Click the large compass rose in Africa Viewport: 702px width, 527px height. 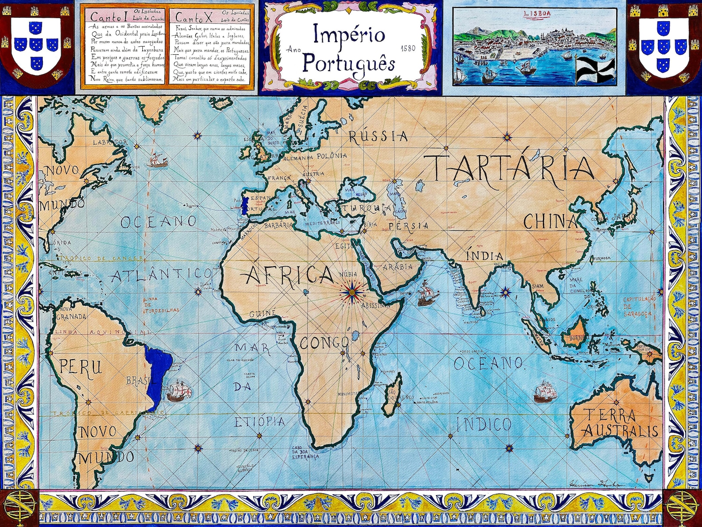352,292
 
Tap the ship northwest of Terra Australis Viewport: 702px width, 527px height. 544,392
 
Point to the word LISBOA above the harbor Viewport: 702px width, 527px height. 537,13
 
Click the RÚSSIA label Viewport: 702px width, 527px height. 378,136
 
